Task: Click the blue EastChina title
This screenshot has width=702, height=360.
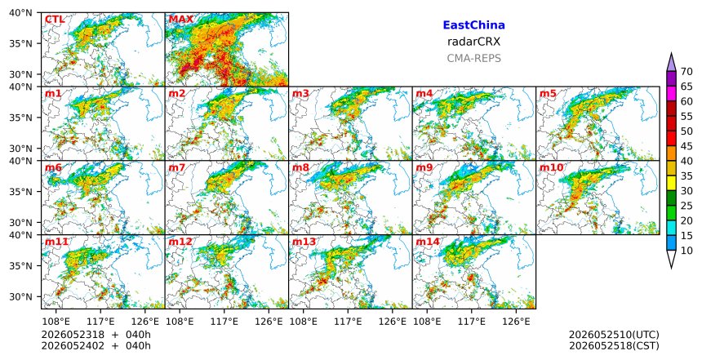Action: coord(473,25)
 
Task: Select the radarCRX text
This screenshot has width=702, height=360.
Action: coord(473,42)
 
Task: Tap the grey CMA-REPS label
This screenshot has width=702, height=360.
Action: coord(473,58)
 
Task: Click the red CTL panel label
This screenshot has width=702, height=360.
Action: coord(55,20)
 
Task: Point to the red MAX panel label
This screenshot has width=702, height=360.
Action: coord(181,20)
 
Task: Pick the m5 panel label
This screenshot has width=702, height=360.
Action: coord(548,94)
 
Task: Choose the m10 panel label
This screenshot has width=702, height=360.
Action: coord(551,167)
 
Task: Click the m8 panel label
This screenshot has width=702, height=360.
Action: coord(300,167)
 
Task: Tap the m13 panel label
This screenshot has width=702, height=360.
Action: coord(304,242)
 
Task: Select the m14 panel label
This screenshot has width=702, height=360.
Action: coord(428,242)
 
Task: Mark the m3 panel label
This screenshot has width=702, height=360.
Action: coord(300,94)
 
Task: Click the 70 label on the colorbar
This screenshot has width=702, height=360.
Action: coord(686,72)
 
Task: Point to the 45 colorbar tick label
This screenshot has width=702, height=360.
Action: coord(686,146)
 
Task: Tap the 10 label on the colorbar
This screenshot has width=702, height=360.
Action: coord(686,251)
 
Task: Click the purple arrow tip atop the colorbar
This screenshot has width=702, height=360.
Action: coord(671,53)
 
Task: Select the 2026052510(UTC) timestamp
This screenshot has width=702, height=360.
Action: coord(614,335)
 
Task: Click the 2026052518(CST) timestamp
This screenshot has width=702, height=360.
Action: coord(614,345)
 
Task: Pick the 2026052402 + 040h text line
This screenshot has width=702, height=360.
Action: coord(96,345)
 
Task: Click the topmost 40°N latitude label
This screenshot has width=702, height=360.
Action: coord(20,12)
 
